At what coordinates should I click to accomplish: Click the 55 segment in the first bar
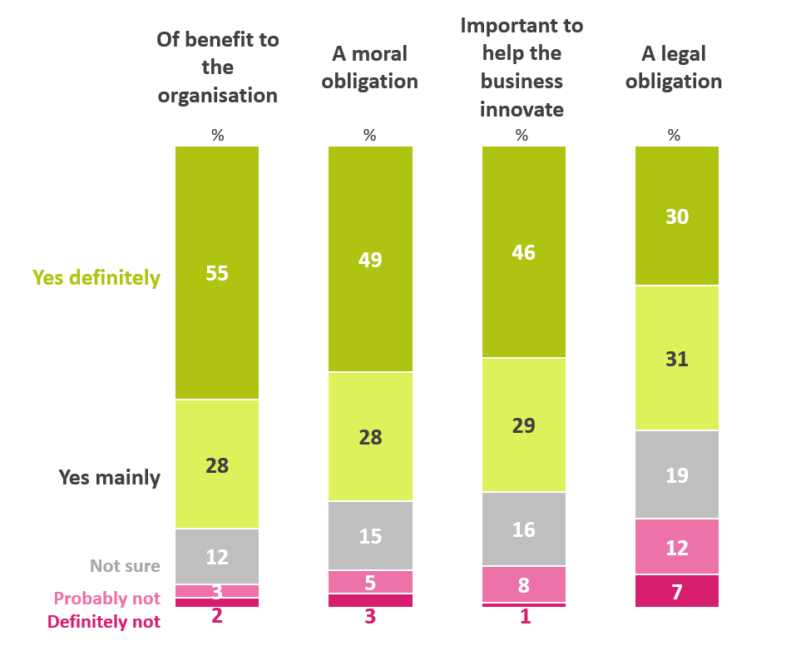point(217,273)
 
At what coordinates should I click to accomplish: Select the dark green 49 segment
point(370,259)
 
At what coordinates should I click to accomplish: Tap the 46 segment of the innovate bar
point(523,252)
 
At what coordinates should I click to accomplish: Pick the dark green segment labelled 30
point(676,216)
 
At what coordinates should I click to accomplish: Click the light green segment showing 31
point(676,358)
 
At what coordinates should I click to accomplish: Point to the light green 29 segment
point(523,425)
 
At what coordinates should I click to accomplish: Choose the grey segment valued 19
point(676,475)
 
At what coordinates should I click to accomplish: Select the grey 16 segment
point(523,529)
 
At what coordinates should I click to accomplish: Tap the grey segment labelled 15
point(370,535)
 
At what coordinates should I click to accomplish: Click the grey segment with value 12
point(217,556)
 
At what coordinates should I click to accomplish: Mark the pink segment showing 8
point(523,584)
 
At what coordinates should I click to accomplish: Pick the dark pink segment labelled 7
point(676,590)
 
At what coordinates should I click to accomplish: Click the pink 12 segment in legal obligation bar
point(676,546)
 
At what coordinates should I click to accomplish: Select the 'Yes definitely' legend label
point(96,278)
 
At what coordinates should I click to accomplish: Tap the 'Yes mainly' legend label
point(109,478)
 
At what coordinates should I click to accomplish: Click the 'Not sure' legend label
point(125,566)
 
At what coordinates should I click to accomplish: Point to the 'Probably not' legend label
point(107,599)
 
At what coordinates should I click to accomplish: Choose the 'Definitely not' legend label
point(104,621)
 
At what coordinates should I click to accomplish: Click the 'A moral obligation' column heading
point(370,67)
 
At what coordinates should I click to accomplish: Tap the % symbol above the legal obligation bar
point(675,135)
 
